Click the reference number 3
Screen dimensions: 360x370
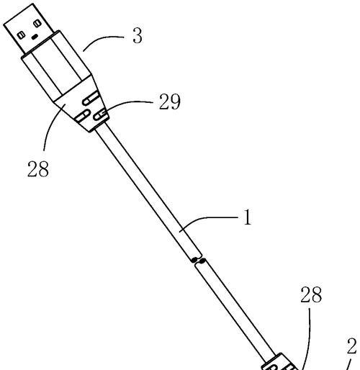pos(138,36)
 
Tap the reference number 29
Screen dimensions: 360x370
pos(169,101)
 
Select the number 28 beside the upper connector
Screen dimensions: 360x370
pos(38,168)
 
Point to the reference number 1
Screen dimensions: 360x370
pos(248,217)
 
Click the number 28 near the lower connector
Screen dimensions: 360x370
pos(311,294)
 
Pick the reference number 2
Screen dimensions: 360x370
pos(352,346)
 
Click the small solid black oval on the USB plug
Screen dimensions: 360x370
pos(35,37)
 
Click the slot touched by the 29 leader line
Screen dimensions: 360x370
pos(101,115)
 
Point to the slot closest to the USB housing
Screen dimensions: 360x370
pos(90,99)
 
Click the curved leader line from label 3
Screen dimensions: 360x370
pos(102,40)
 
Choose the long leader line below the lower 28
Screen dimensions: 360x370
pos(307,338)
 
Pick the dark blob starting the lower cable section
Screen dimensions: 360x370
pos(203,261)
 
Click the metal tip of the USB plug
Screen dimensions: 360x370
pos(29,29)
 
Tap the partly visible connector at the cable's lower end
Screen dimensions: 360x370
pos(279,362)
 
